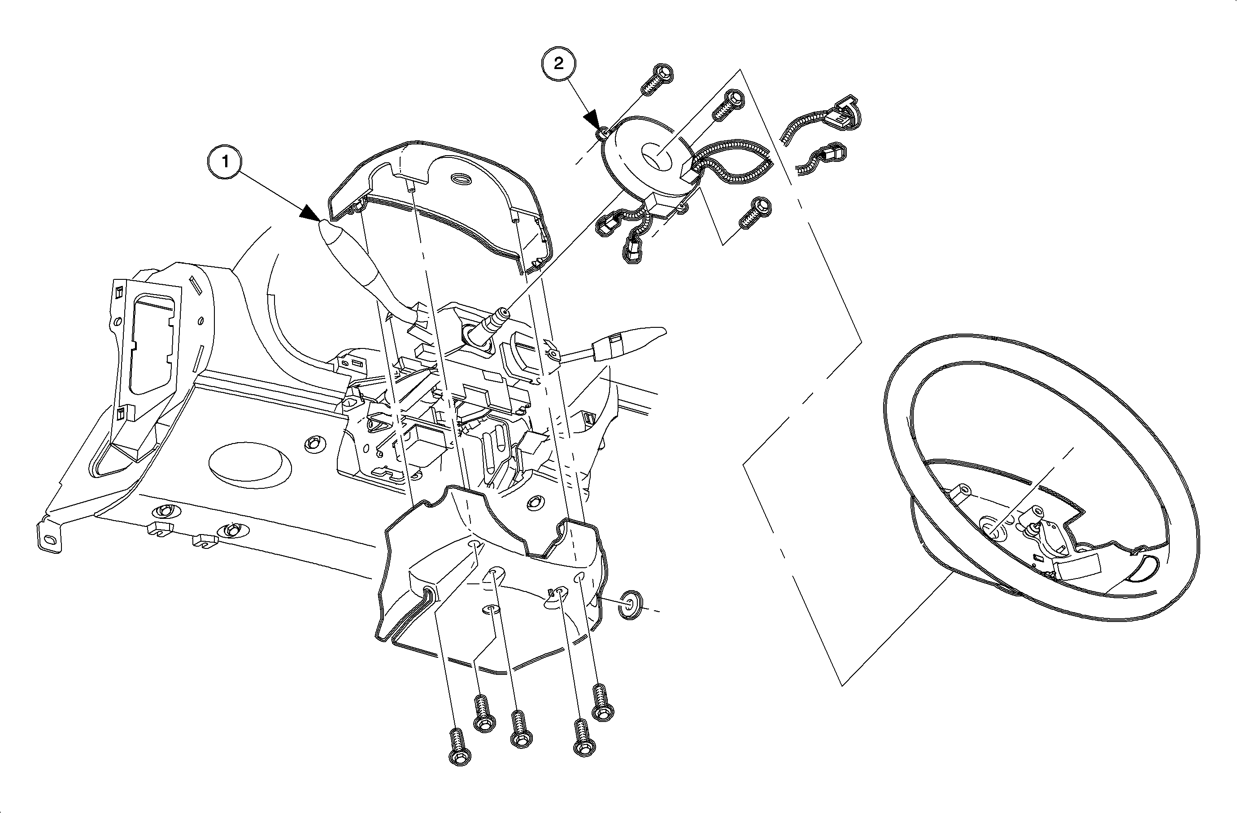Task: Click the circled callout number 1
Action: click(x=225, y=162)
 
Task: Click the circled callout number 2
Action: click(x=559, y=64)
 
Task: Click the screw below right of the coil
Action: click(x=754, y=213)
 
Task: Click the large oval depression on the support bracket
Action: click(x=249, y=465)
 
